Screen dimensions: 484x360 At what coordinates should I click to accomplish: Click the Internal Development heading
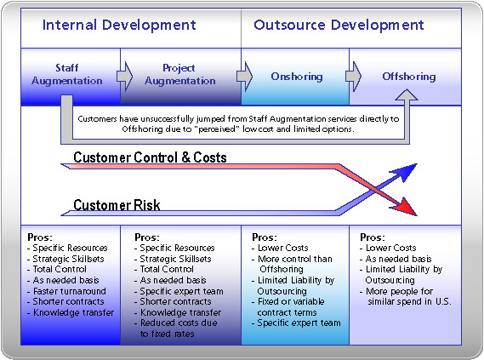pos(119,25)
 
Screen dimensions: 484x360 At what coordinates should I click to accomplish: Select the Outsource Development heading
pos(339,25)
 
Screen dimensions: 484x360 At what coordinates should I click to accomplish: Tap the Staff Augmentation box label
pos(67,74)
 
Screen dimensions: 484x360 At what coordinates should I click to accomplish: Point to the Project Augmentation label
pos(180,74)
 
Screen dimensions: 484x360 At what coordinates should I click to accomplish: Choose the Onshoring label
pos(297,77)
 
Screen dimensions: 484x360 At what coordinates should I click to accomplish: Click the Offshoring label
pos(409,77)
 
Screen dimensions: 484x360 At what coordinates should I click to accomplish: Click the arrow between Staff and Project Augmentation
pos(124,77)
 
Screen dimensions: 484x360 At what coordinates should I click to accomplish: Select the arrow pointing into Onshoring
pos(244,77)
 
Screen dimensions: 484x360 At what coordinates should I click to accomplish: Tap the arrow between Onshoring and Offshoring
pos(353,77)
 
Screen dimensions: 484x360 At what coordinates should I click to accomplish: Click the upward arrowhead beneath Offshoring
pos(407,95)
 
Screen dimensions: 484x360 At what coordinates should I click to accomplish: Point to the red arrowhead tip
pos(417,215)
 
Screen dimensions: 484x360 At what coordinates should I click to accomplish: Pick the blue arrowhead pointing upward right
pos(407,172)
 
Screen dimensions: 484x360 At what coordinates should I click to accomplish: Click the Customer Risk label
pos(117,205)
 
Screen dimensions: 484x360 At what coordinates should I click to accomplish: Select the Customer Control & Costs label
pos(150,157)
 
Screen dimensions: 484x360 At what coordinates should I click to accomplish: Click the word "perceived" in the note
pos(216,129)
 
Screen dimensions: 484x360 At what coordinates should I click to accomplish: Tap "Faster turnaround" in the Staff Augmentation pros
pos(70,291)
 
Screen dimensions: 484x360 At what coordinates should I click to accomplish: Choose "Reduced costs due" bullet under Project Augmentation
pos(179,323)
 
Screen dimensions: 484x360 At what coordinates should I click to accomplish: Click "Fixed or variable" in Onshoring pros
pos(291,301)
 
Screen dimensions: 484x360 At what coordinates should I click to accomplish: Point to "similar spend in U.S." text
pos(409,301)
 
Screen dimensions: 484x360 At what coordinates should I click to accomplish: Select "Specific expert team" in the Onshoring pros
pos(299,323)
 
